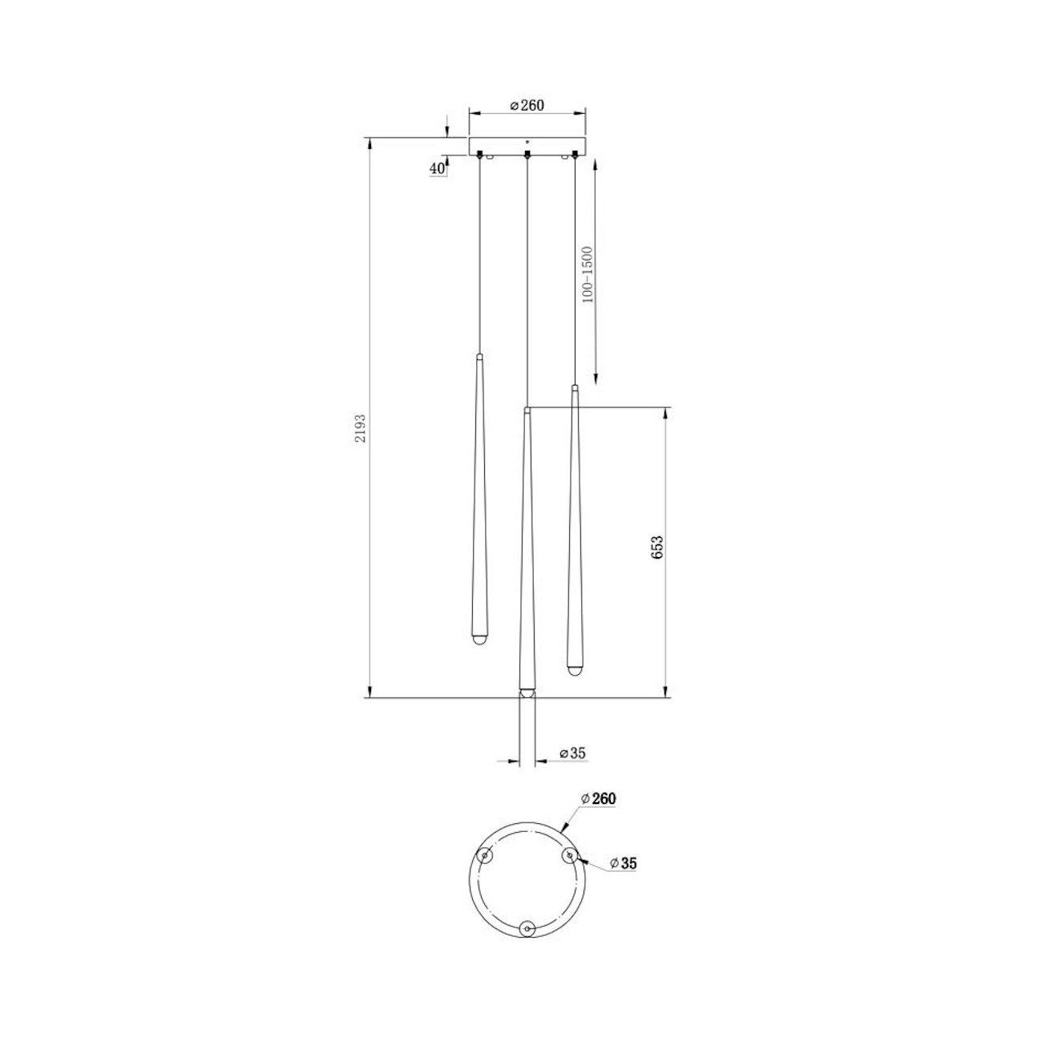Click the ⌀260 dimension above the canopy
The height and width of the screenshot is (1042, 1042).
click(x=527, y=105)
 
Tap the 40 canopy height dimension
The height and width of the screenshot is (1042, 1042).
click(x=437, y=168)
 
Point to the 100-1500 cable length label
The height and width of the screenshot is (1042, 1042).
click(x=587, y=275)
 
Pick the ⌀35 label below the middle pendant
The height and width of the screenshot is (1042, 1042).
click(x=573, y=753)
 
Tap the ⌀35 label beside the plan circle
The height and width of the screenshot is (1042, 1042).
click(x=623, y=863)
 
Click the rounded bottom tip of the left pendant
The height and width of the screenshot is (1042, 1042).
click(x=478, y=641)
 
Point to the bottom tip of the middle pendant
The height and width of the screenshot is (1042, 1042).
click(x=526, y=692)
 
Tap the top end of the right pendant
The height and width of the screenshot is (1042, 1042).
click(x=575, y=389)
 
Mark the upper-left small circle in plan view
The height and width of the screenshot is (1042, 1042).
click(x=485, y=857)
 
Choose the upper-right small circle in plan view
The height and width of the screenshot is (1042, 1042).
click(x=569, y=856)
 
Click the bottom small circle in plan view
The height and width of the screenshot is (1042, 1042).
click(x=527, y=928)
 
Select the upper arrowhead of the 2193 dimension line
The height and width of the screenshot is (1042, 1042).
click(x=370, y=145)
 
